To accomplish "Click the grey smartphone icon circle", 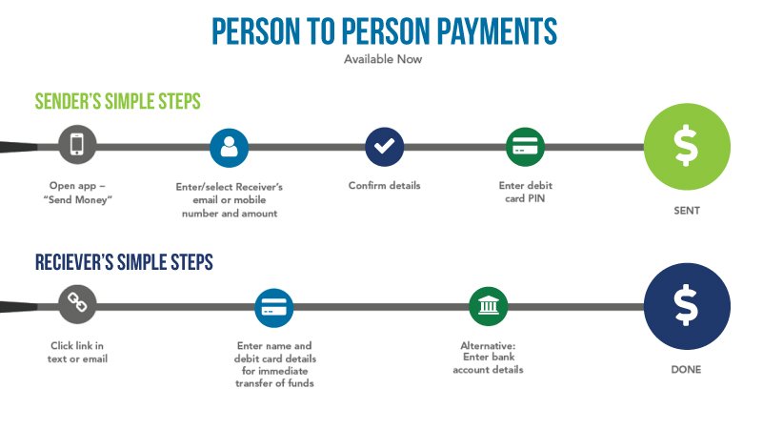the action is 77,145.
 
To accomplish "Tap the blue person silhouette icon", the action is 229,148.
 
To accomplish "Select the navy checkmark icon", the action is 385,147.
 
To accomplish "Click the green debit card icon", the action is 525,147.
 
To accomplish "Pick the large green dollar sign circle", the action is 687,146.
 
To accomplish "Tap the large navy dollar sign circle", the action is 687,306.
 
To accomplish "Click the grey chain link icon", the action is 77,304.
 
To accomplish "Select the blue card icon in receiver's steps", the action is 274,308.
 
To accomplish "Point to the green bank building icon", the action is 489,306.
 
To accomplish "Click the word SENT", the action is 687,211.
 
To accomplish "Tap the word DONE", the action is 686,369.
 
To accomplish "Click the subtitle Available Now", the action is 383,59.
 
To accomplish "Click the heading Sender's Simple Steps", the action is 118,101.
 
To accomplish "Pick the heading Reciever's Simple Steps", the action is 124,262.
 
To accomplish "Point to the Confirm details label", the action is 385,185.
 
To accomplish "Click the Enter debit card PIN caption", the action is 526,192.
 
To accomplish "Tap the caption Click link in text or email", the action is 77,352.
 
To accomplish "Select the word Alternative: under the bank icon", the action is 488,346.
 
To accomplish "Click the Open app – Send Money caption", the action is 78,193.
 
